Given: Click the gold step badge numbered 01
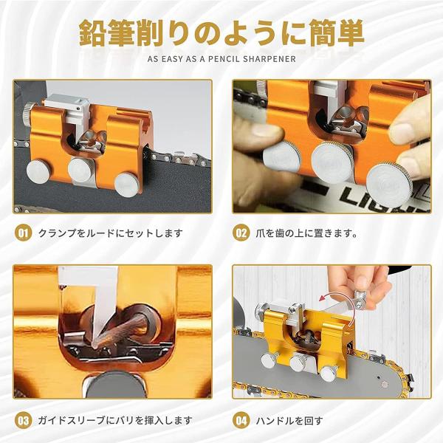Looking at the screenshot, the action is click(x=23, y=233).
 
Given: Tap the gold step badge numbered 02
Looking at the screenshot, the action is click(x=241, y=233).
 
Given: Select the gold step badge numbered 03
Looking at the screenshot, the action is click(x=23, y=421).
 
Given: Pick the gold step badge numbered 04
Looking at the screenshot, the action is click(x=241, y=421).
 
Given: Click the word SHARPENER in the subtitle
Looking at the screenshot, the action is click(x=269, y=59).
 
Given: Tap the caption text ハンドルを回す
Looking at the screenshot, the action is click(x=289, y=421).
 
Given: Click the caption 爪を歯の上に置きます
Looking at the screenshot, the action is click(x=306, y=233).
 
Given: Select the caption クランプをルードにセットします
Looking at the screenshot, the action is click(x=111, y=233).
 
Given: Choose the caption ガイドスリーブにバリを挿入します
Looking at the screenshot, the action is click(x=115, y=421).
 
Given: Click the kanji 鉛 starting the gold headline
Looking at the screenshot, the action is click(x=92, y=32).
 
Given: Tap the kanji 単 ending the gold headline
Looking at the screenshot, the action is click(x=350, y=32).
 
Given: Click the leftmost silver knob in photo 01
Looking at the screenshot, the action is click(x=38, y=172).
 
